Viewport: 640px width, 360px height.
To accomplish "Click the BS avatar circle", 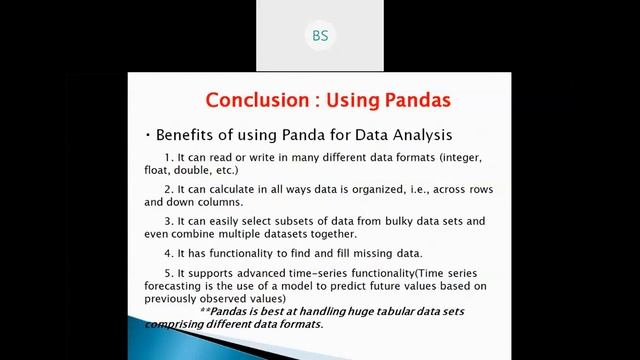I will point(320,36).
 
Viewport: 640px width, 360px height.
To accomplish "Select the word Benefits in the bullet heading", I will point(184,134).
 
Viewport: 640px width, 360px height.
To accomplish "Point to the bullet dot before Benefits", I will point(147,134).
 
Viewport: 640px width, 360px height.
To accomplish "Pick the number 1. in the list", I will point(167,158).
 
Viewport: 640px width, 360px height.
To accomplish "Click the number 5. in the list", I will point(167,273).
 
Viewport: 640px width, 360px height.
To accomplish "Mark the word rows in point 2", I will point(479,189).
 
